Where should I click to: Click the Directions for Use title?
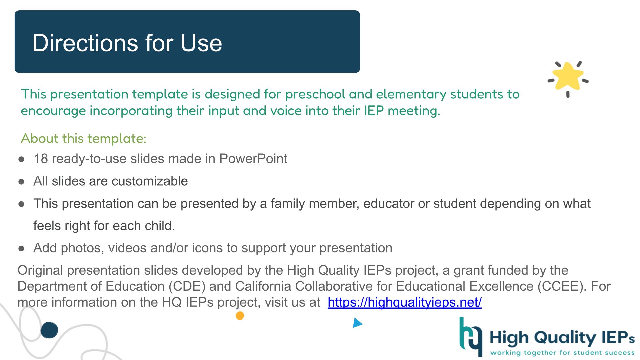127,43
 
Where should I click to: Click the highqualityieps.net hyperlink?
405,302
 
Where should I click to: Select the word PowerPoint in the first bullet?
253,159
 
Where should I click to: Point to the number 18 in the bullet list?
41,159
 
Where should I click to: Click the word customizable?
150,181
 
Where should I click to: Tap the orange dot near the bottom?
240,315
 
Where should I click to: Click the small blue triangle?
357,323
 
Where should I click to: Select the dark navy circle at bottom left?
49,330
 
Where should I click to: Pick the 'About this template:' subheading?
84,139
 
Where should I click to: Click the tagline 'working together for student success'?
562,352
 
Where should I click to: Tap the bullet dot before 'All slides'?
22,182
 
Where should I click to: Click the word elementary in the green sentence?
411,94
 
